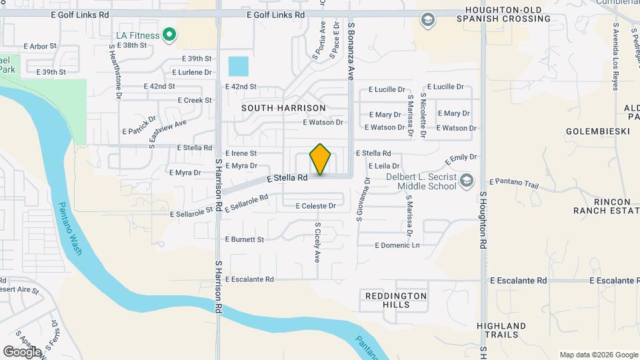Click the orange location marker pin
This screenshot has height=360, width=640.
[x=321, y=159]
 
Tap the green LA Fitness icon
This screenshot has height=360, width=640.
[x=169, y=35]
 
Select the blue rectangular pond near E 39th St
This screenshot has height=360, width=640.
[x=238, y=67]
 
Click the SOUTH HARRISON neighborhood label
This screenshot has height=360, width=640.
[x=283, y=108]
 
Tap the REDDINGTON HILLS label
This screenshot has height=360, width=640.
[x=396, y=299]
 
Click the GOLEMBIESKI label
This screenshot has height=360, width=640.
[x=598, y=132]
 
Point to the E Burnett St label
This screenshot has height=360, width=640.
[x=245, y=239]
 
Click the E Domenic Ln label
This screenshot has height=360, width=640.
[x=398, y=245]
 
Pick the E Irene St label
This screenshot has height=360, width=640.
[x=241, y=153]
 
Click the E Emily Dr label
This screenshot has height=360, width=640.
[x=461, y=160]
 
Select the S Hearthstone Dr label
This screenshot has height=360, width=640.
[x=115, y=72]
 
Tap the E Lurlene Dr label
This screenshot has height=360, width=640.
[x=192, y=72]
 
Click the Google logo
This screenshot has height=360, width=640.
[x=22, y=351]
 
